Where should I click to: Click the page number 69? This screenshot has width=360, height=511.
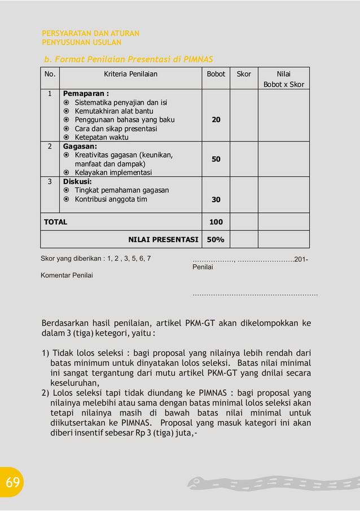pos(13,482)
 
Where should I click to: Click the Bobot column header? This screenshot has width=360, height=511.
pos(216,74)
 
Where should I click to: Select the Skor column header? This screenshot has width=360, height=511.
pos(244,74)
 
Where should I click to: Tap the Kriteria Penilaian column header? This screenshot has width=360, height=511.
pos(130,74)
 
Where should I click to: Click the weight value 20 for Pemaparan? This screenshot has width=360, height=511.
pos(216,120)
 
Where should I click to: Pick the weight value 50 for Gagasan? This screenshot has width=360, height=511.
pos(216,159)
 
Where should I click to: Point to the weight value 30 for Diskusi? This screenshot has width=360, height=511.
pos(216,199)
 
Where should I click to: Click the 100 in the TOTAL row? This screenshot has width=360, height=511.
pos(216,222)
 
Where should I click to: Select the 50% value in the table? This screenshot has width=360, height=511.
pos(216,239)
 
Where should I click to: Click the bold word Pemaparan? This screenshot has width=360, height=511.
pos(85,93)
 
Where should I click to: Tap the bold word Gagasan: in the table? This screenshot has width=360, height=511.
pos(80,146)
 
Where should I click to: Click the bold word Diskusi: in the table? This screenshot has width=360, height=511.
pos(77,181)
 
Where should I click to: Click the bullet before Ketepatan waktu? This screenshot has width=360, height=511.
pos(67,137)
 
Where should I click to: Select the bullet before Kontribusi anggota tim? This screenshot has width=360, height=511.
pos(67,199)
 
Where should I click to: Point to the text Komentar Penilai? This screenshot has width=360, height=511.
pos(67,276)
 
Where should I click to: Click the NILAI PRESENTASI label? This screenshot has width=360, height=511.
pos(163,239)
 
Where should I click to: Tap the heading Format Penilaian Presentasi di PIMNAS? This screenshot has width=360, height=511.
pos(129,59)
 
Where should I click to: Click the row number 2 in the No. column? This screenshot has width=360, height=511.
pos(50,146)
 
